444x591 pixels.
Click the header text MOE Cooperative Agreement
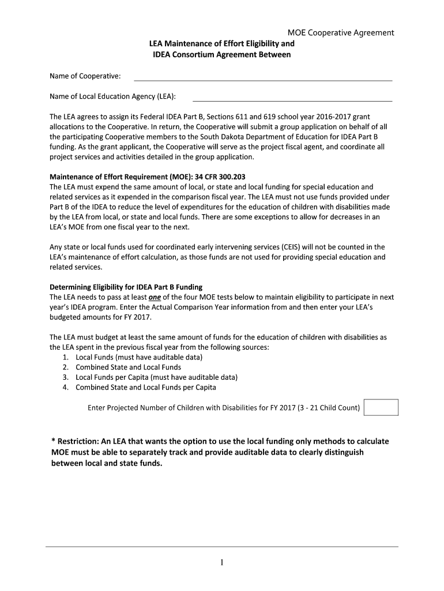point(341,33)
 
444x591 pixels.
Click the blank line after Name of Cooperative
point(263,79)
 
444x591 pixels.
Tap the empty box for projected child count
point(381,407)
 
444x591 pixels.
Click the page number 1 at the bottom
point(221,563)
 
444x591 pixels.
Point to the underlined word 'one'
point(155,297)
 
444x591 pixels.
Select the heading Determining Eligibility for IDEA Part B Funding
point(126,287)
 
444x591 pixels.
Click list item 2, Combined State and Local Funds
point(128,367)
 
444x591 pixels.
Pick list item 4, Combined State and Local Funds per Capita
point(146,387)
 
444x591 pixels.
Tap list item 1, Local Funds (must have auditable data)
point(139,357)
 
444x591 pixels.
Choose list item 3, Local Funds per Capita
point(156,377)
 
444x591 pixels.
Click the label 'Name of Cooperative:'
point(85,76)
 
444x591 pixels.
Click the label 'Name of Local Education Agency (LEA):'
point(113,96)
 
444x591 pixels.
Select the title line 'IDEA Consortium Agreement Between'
point(222,55)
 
